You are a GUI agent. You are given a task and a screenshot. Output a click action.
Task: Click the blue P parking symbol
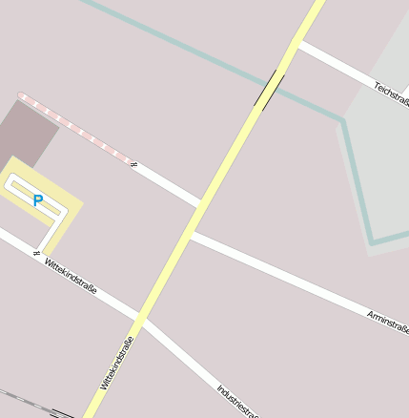coord(38,200)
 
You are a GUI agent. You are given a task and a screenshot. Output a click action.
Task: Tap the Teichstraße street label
coord(391,93)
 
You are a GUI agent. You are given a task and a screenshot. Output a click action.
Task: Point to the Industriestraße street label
coord(237,401)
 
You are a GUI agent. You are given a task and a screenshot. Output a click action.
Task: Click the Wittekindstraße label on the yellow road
coord(117,363)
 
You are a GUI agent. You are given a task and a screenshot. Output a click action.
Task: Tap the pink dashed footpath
coord(76,129)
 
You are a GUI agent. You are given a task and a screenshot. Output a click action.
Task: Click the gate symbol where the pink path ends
coord(133,165)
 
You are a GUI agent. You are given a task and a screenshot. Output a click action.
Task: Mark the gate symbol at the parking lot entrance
coord(36,254)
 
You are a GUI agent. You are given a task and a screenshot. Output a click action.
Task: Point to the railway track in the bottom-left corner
coord(29,401)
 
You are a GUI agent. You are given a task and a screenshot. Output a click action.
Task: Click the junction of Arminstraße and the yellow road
coord(191,233)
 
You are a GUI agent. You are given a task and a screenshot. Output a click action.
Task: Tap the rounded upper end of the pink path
coord(22,95)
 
